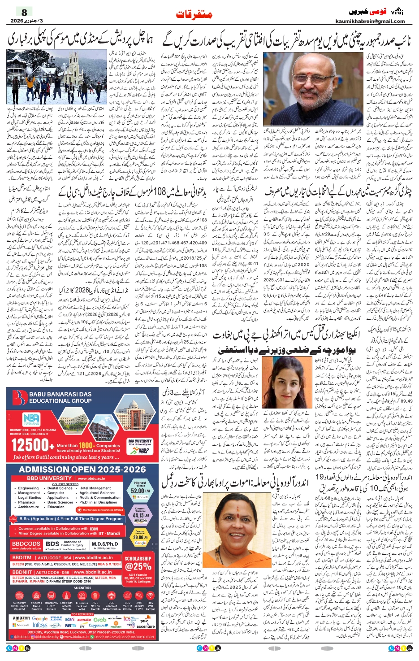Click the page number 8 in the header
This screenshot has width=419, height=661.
tap(24, 12)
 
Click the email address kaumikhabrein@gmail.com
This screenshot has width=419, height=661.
tap(370, 21)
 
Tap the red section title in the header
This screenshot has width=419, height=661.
tap(194, 14)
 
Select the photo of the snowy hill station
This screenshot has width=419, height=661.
tap(57, 77)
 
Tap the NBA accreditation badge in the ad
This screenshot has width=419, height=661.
tap(31, 419)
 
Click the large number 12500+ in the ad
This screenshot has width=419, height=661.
tap(30, 445)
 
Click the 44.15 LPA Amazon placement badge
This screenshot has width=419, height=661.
tap(140, 514)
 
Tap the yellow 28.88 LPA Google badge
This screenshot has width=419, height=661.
tap(140, 537)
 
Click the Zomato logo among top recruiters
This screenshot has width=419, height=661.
tap(84, 619)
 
